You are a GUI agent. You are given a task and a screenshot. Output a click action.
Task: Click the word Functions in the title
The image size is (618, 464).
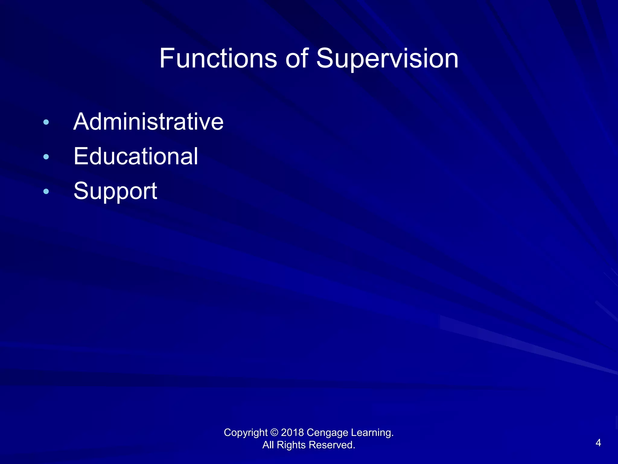(x=218, y=58)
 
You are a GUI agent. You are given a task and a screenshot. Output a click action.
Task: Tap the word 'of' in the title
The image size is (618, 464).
(x=297, y=58)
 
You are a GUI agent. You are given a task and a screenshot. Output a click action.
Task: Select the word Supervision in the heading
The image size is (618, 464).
(x=387, y=59)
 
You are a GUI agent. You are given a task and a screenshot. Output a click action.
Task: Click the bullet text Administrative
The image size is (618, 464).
(x=148, y=122)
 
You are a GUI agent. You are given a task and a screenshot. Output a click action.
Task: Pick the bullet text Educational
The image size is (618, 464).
(x=136, y=156)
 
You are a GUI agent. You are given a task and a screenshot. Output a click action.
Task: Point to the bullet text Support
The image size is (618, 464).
(x=115, y=191)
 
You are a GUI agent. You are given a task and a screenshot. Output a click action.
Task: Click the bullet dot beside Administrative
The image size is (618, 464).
(x=46, y=122)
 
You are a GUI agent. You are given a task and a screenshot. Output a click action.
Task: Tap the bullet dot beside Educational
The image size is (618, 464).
(x=46, y=157)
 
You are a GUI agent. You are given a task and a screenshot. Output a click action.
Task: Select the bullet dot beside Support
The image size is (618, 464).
(x=46, y=192)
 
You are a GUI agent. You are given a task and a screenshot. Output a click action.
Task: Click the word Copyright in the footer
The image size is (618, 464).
(x=246, y=433)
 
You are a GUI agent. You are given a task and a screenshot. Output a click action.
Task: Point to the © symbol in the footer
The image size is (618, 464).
(x=274, y=433)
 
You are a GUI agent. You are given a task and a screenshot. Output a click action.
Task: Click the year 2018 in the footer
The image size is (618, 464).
(x=292, y=433)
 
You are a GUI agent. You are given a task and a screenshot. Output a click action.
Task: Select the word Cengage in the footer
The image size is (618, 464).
(x=327, y=433)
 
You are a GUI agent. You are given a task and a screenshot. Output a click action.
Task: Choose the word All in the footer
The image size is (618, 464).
(x=268, y=445)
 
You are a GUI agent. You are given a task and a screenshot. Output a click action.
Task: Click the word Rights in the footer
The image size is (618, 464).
(x=291, y=445)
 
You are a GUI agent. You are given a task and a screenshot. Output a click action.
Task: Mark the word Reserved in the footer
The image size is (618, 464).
(x=332, y=445)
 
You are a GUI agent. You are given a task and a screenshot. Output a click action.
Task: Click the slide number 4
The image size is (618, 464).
(x=598, y=443)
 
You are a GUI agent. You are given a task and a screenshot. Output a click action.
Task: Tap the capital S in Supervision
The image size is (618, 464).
(x=325, y=58)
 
